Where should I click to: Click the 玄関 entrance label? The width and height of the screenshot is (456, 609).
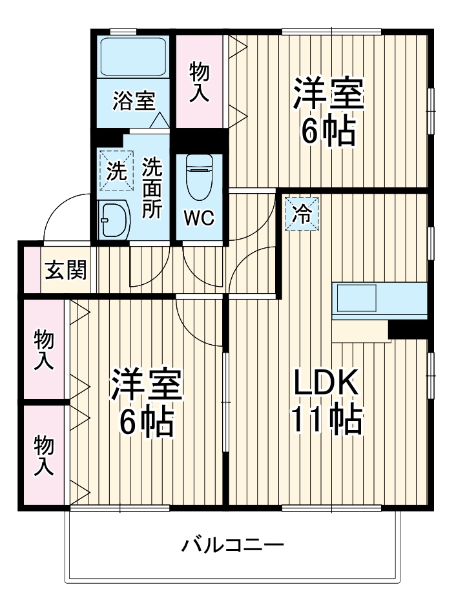pos(65,271)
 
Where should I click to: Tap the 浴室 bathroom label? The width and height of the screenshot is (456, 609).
pos(134,101)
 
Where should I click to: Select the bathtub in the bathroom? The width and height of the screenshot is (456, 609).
pos(134,57)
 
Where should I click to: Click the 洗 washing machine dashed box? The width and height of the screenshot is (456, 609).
pos(116,171)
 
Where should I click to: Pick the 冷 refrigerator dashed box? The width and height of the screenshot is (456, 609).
pos(302,214)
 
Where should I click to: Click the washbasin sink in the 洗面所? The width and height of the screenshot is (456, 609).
pos(116,219)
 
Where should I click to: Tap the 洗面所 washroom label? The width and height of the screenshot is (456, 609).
pos(153,188)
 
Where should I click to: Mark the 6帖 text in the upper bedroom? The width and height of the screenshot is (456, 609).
pos(329,131)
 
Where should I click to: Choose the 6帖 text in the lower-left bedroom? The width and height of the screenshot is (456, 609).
pos(147,422)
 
